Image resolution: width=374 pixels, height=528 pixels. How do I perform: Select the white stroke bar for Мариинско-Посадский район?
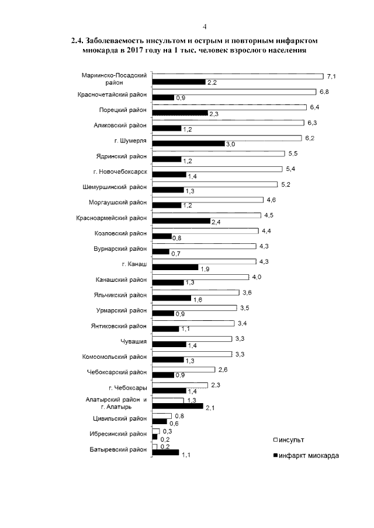[x=237, y=76]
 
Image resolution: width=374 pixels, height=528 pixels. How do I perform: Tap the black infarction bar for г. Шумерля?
[x=188, y=143]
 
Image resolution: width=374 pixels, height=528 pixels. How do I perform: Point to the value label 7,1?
[x=331, y=76]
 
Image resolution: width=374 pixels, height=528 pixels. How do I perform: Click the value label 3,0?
[x=230, y=144]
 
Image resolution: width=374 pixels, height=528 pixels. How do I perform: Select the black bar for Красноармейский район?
[x=181, y=221]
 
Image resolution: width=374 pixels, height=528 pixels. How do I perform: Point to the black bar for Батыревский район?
[x=165, y=452]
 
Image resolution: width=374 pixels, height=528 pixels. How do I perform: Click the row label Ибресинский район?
[x=117, y=434]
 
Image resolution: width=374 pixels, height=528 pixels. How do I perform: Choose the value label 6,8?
[x=325, y=92]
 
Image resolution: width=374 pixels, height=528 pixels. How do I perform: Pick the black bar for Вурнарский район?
[x=160, y=251]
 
